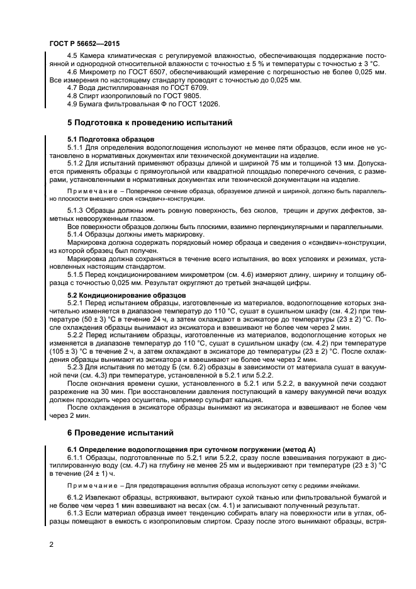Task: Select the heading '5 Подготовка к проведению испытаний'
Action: tap(150, 123)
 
